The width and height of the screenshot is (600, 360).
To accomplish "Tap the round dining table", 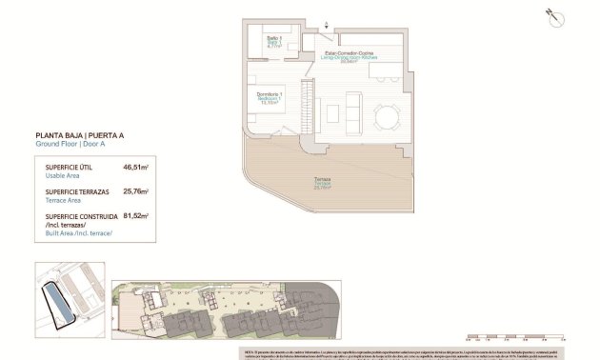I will pyautogui.click(x=387, y=116).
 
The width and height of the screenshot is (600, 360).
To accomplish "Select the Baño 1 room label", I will pyautogui.click(x=273, y=41).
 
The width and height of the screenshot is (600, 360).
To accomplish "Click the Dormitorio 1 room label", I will pyautogui.click(x=269, y=95).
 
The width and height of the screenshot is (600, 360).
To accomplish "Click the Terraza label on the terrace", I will pyautogui.click(x=326, y=183).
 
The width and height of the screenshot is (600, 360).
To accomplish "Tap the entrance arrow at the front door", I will pyautogui.click(x=327, y=27).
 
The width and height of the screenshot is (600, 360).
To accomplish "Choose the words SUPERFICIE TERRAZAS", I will pyautogui.click(x=74, y=191).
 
